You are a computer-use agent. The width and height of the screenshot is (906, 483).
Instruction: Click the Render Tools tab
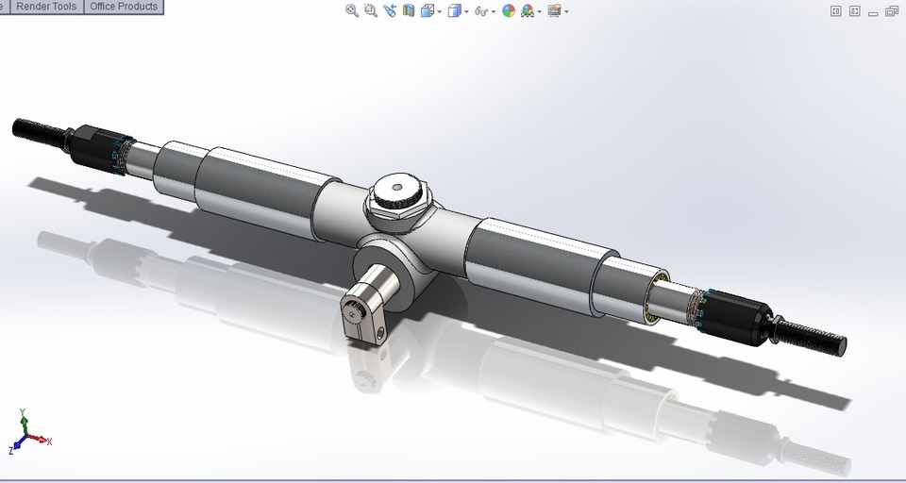click(x=46, y=7)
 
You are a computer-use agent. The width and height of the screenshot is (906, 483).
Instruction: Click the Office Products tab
click(x=123, y=7)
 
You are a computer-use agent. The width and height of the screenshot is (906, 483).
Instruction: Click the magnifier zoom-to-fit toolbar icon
click(x=352, y=11)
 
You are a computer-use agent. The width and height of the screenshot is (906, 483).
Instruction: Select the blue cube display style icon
click(x=454, y=11)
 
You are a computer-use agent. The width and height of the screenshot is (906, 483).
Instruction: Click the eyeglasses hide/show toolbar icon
click(x=481, y=12)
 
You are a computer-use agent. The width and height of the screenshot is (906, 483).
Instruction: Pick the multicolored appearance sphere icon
click(x=509, y=11)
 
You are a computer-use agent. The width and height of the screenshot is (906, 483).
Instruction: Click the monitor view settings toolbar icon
click(x=554, y=11)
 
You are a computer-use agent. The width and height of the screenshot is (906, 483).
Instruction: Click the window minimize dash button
click(x=873, y=12)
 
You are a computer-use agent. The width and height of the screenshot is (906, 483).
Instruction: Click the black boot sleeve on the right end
click(x=741, y=316)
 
